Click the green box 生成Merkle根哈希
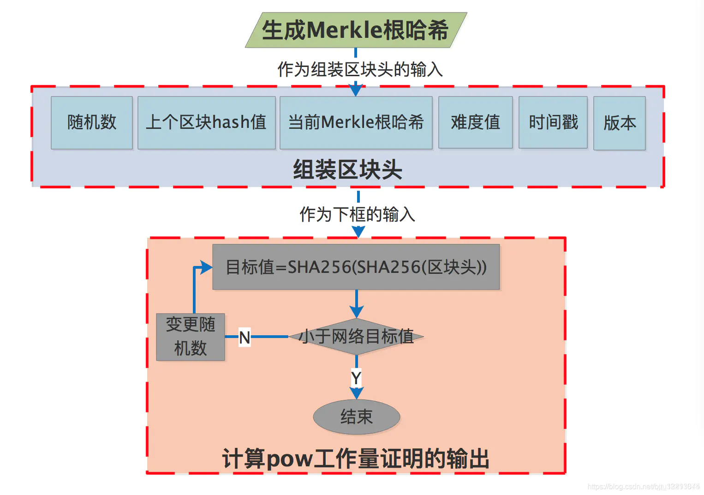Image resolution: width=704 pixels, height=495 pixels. [x=356, y=30]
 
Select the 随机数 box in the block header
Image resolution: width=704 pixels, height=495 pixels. [x=92, y=123]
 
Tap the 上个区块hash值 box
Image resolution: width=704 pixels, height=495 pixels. [x=206, y=123]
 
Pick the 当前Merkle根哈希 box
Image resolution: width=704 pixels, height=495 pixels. [x=356, y=123]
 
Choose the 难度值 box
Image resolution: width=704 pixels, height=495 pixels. [x=475, y=123]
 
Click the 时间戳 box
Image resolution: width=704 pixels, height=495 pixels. [x=553, y=123]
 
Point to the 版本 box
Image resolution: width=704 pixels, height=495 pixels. [x=619, y=123]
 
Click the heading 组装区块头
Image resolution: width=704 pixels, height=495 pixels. [x=347, y=169]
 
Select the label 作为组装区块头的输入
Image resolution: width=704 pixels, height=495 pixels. [x=360, y=70]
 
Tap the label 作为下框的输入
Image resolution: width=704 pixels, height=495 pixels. [x=358, y=214]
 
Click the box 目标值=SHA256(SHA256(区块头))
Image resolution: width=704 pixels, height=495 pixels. [x=356, y=267]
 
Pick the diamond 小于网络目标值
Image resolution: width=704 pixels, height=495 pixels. [x=356, y=337]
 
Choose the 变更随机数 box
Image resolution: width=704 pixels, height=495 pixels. [x=191, y=337]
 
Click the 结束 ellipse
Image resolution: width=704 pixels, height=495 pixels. [x=356, y=417]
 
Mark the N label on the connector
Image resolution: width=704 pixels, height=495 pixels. [x=245, y=337]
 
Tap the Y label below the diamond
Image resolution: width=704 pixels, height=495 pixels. [x=356, y=378]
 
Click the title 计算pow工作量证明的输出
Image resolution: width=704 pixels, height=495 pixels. [x=356, y=459]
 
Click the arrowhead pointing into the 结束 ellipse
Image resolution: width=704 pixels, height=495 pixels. [x=356, y=393]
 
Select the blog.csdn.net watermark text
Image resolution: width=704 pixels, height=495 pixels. [x=643, y=487]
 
